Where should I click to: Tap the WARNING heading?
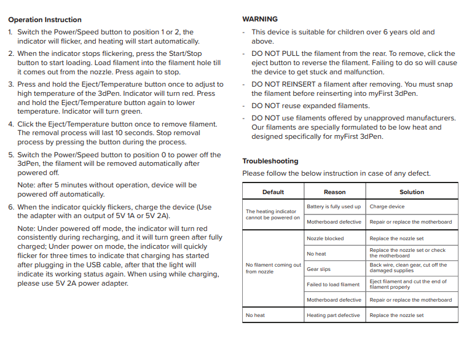click(x=260, y=20)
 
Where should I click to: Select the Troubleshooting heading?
click(x=270, y=161)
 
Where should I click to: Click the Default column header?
click(x=273, y=192)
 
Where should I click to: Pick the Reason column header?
click(x=334, y=192)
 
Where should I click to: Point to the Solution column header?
click(x=411, y=192)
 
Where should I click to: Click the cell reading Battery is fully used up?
click(x=334, y=207)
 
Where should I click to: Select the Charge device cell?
click(x=387, y=207)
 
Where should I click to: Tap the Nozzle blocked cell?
click(x=325, y=238)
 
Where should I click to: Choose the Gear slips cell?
click(x=318, y=269)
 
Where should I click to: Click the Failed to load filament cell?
click(x=333, y=284)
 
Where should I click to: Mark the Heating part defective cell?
click(x=333, y=315)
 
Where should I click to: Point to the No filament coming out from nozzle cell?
click(x=273, y=268)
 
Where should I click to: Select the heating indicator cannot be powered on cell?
click(x=273, y=214)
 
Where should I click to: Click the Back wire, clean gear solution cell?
click(x=408, y=268)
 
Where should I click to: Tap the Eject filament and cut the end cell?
click(x=408, y=284)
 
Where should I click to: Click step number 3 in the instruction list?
click(x=11, y=85)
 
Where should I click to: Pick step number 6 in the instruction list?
click(x=11, y=208)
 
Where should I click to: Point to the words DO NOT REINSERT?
click(x=282, y=84)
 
